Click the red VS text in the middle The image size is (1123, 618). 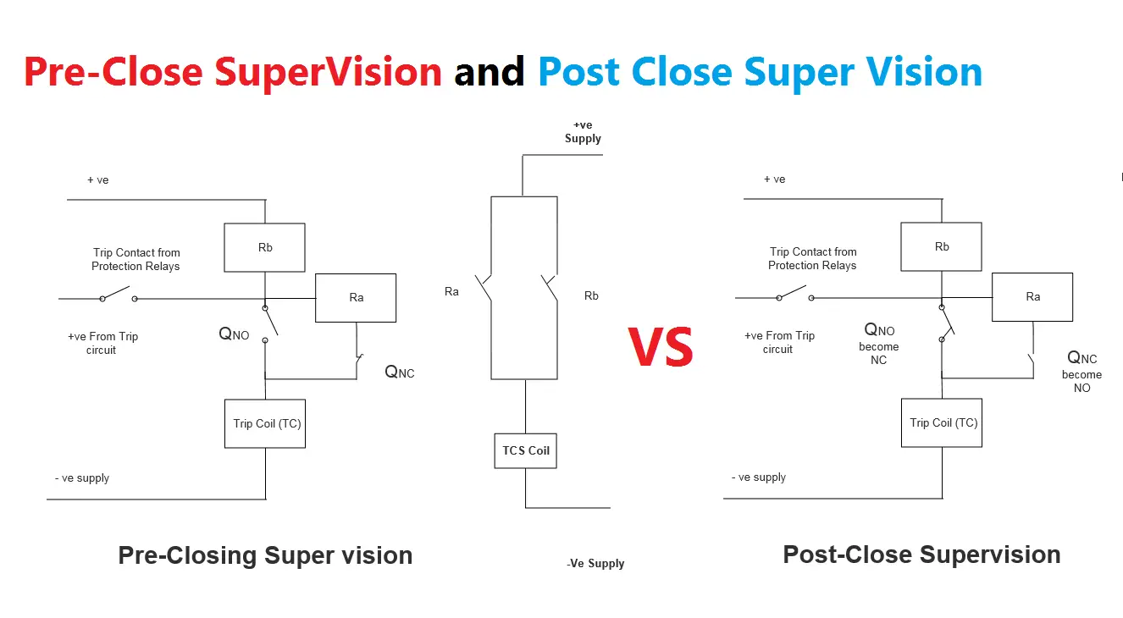[x=661, y=347]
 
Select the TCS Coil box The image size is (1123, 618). [x=525, y=450]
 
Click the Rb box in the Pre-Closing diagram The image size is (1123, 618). [x=264, y=248]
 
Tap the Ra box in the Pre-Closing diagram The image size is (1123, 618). [x=356, y=298]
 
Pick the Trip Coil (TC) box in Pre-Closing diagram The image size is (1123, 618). [x=266, y=423]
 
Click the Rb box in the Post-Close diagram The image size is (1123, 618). [x=941, y=247]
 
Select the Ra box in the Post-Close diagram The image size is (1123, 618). [x=1032, y=297]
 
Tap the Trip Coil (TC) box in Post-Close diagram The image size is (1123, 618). [x=943, y=422]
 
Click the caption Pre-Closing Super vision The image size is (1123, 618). [x=265, y=555]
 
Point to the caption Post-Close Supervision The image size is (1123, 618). [x=921, y=555]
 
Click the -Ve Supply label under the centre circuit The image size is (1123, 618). [x=595, y=564]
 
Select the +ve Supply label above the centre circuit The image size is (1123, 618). [x=583, y=132]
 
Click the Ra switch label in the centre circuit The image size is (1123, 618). [x=451, y=292]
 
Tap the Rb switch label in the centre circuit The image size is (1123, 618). [x=591, y=295]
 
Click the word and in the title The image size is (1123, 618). [x=490, y=72]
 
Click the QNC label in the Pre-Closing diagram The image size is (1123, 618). [x=400, y=372]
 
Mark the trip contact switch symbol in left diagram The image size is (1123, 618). [x=118, y=296]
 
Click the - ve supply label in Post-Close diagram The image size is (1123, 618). [x=759, y=477]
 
